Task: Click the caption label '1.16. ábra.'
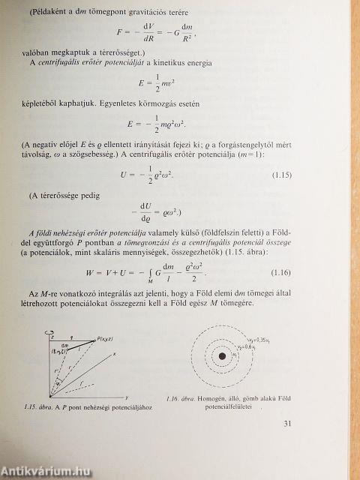(181, 398)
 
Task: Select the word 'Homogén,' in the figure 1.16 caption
(217, 398)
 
